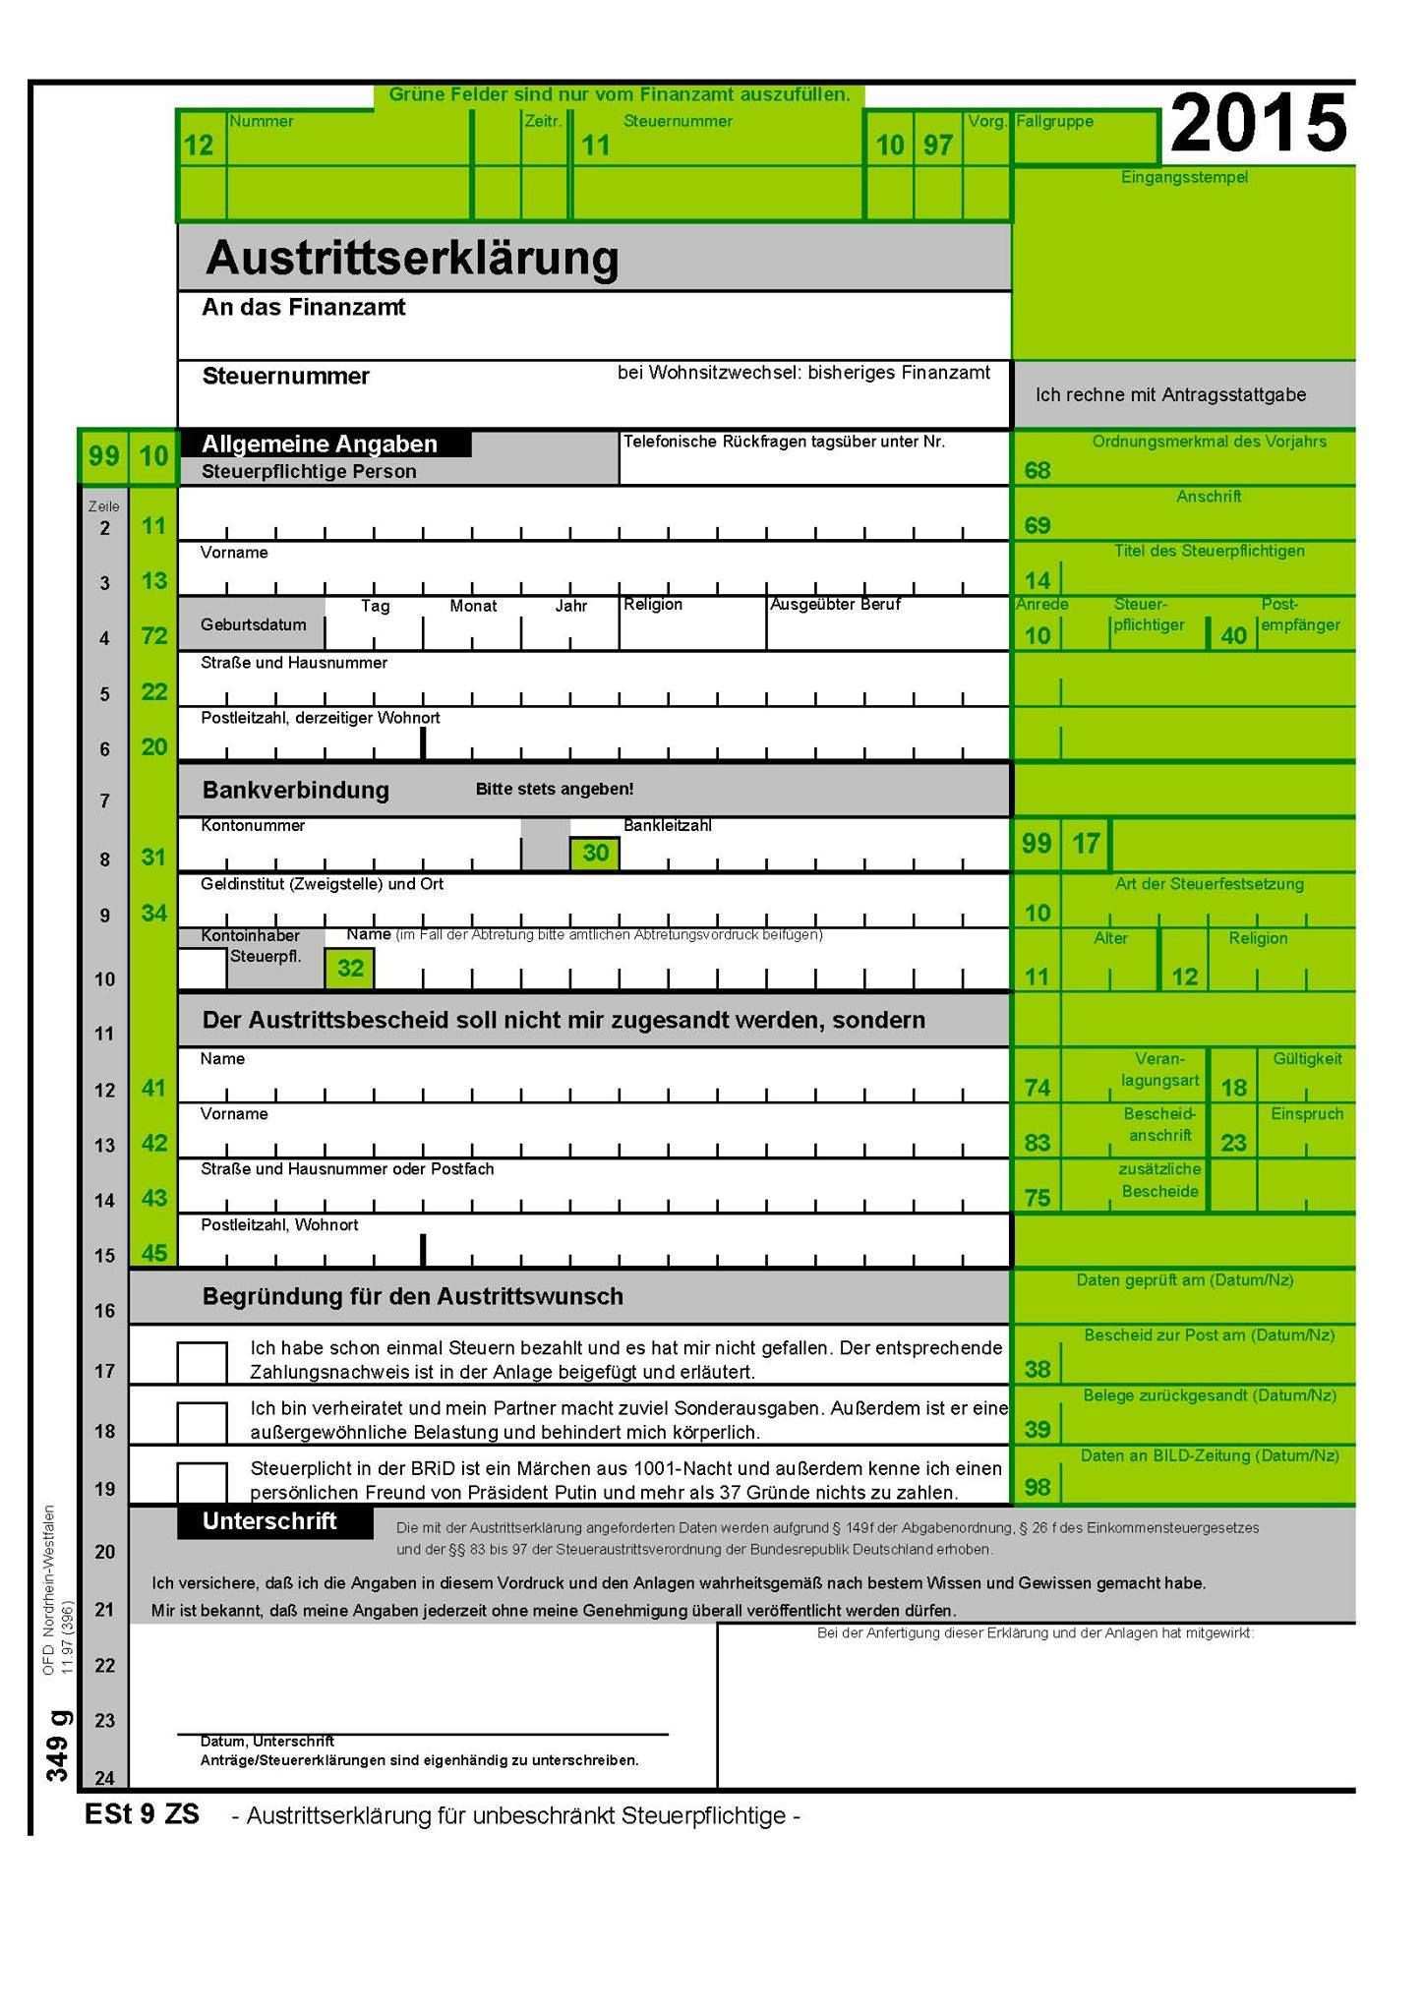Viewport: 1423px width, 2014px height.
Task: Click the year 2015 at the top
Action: pyautogui.click(x=1258, y=124)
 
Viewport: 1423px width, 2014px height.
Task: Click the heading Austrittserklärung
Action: pyautogui.click(x=412, y=259)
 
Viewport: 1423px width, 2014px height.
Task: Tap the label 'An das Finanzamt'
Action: pyautogui.click(x=303, y=308)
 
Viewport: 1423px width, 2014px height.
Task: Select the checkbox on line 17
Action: pyautogui.click(x=202, y=1363)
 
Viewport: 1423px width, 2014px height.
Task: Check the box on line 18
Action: pyautogui.click(x=202, y=1423)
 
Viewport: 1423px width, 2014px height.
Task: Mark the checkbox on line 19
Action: pyautogui.click(x=202, y=1481)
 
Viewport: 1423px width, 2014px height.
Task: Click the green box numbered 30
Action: pyautogui.click(x=595, y=854)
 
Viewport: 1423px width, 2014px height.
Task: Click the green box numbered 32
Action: pyautogui.click(x=350, y=969)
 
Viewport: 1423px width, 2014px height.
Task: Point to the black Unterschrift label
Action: pyautogui.click(x=270, y=1521)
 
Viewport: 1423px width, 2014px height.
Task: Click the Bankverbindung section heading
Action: pyautogui.click(x=295, y=791)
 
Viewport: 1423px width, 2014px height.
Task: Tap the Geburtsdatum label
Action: pyautogui.click(x=253, y=625)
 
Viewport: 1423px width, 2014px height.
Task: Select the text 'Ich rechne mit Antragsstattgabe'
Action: pyautogui.click(x=1170, y=395)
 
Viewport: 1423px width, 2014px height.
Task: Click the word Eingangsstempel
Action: pyautogui.click(x=1184, y=178)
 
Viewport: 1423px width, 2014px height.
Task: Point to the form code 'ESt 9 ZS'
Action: pyautogui.click(x=142, y=1814)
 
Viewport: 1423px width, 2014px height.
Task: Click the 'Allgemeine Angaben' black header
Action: pyautogui.click(x=320, y=444)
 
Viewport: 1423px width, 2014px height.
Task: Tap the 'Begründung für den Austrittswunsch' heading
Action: pyautogui.click(x=412, y=1297)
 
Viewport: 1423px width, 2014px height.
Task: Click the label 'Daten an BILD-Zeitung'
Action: pyautogui.click(x=1210, y=1456)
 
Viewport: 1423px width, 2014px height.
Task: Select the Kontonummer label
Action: pyautogui.click(x=253, y=826)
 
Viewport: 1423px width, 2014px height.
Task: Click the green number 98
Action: pyautogui.click(x=1038, y=1487)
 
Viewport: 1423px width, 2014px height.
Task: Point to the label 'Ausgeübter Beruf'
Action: pyautogui.click(x=835, y=605)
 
